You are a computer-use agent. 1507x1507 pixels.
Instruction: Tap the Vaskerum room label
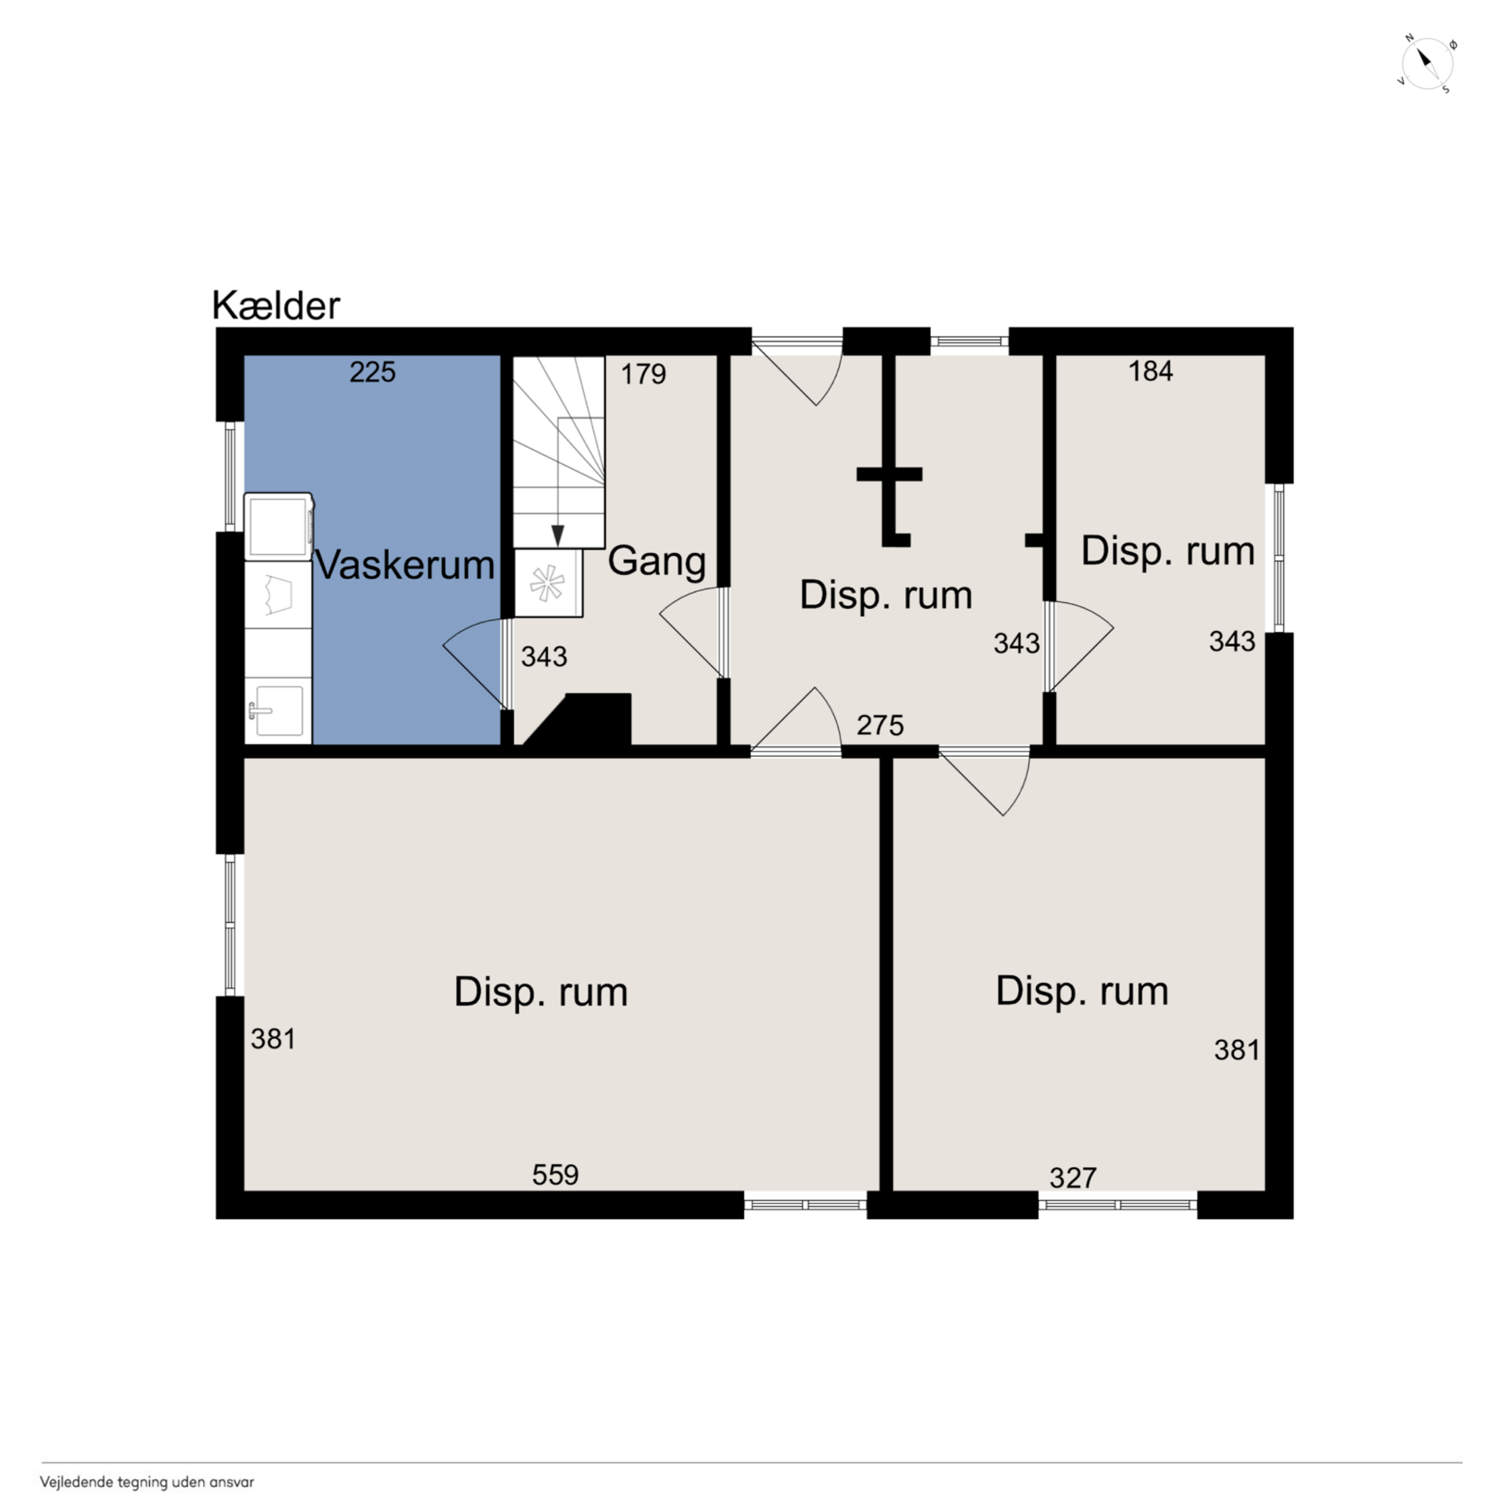point(405,564)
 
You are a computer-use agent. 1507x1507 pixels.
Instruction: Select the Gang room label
point(657,562)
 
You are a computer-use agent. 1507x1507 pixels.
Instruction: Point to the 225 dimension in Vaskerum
point(372,372)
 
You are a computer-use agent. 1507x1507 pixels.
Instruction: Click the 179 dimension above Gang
point(643,374)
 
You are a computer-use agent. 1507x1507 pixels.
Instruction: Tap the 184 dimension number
point(1151,372)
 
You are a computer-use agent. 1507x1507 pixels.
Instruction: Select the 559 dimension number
point(555,1175)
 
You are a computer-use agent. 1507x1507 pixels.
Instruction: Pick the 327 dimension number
point(1073,1177)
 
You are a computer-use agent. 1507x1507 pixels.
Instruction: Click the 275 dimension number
point(880,726)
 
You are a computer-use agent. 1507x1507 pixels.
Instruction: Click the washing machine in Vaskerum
point(278,526)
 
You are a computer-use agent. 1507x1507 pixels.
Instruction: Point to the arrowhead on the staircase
point(558,536)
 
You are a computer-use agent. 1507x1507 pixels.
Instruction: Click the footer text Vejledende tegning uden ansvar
point(147,1482)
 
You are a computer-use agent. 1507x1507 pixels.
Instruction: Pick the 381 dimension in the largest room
point(273,1039)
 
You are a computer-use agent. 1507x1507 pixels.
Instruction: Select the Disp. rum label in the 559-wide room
point(541,992)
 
